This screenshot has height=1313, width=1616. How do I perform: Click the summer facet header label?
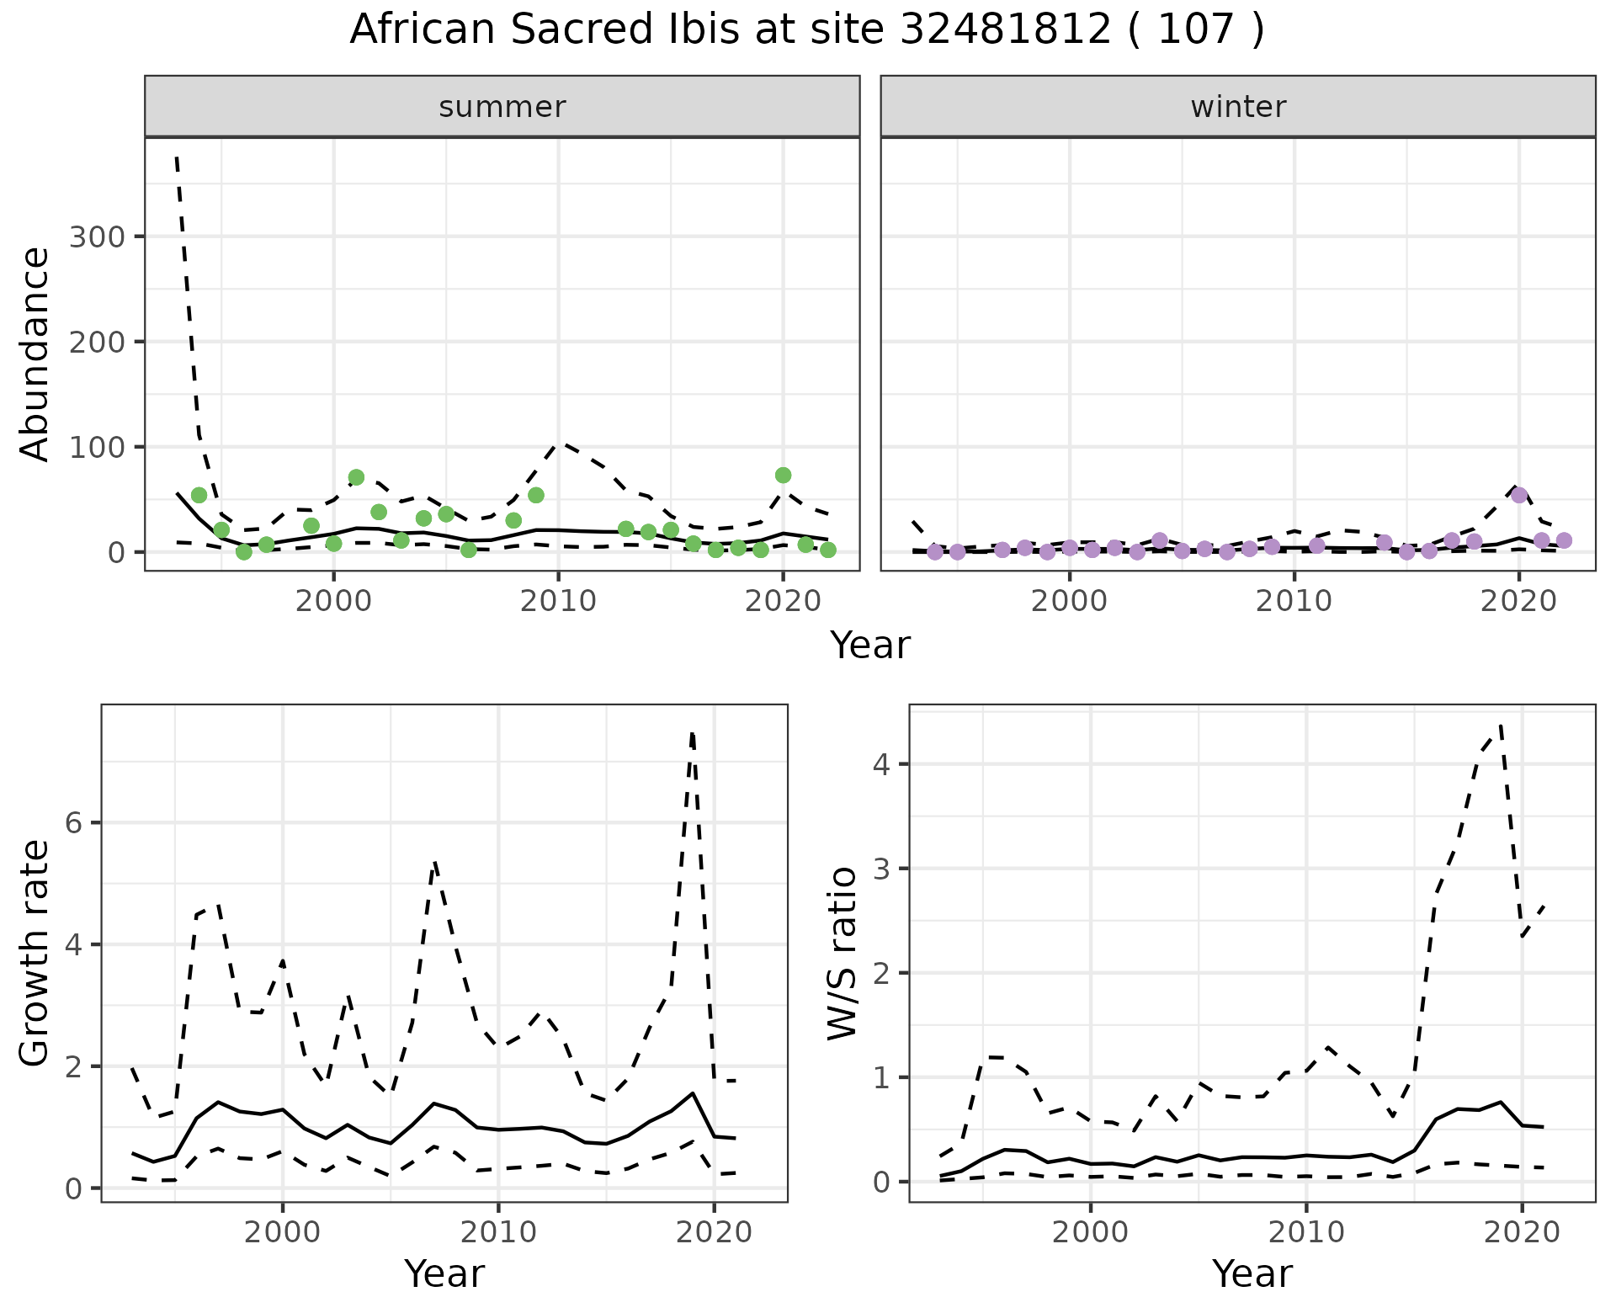(x=502, y=107)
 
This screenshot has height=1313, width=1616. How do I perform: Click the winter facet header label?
(x=1238, y=107)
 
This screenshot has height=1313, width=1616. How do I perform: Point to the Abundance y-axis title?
(x=35, y=354)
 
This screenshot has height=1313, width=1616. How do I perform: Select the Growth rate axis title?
(x=35, y=953)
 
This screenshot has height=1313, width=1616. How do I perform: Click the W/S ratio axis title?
(x=842, y=953)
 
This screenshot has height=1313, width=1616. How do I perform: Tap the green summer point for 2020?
(x=783, y=476)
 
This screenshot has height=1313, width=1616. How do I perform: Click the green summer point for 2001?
(x=356, y=477)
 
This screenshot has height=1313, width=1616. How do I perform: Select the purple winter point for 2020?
(x=1519, y=495)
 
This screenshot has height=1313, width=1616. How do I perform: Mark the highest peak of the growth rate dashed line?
(x=692, y=734)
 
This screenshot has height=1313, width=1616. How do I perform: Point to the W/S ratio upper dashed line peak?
(x=1501, y=726)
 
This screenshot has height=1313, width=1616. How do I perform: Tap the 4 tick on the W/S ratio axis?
(x=881, y=764)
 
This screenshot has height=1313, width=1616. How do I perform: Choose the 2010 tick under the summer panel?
(x=558, y=602)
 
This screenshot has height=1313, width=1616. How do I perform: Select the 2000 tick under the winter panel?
(x=1070, y=602)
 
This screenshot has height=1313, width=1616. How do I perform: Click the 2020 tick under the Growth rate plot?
(x=714, y=1233)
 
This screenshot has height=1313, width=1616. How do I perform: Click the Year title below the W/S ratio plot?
(x=1252, y=1273)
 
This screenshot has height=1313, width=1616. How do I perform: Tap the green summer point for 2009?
(x=536, y=495)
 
